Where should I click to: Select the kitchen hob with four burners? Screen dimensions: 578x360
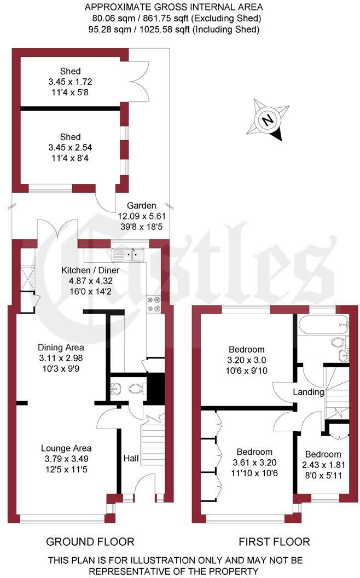[x=153, y=304]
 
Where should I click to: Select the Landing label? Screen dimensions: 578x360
[x=309, y=392]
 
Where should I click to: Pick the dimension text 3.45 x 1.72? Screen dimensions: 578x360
[x=71, y=82]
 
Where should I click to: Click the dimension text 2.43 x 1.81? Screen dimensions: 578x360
[x=323, y=465]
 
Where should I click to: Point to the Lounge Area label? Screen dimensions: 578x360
[x=68, y=448]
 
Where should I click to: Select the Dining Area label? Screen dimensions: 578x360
[x=61, y=347]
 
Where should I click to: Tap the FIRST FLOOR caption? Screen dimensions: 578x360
[x=274, y=542]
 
